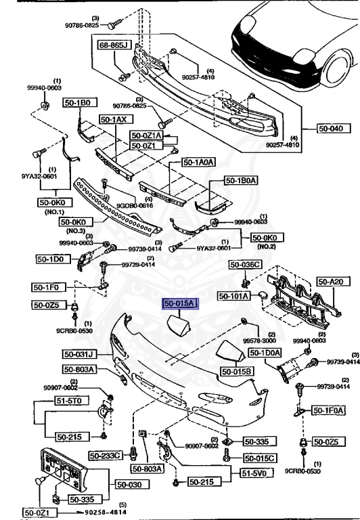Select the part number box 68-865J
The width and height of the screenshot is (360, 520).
point(115,47)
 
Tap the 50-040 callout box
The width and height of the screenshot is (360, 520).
point(334,127)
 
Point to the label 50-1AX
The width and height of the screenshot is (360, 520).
point(114,119)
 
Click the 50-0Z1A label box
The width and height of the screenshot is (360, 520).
point(146,135)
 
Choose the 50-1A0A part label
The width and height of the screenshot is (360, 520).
point(198,162)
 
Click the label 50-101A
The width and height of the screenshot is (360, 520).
point(234,296)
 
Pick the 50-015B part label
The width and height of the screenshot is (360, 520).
point(235,372)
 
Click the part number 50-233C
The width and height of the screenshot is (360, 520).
point(108,454)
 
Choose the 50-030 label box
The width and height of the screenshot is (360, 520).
point(130,484)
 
